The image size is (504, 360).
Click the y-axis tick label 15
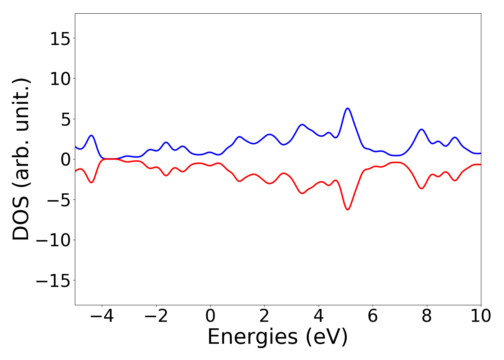tap(60, 39)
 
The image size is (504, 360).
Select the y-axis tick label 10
tap(60, 79)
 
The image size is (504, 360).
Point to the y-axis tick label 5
tap(65, 119)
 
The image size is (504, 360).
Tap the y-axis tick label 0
tap(65, 159)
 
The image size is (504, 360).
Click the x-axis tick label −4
tap(102, 316)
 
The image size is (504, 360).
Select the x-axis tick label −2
tap(156, 316)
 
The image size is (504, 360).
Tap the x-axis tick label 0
tap(210, 316)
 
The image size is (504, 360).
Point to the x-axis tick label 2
tap(264, 316)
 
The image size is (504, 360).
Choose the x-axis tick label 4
tap(319, 316)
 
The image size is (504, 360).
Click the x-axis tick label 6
tap(373, 316)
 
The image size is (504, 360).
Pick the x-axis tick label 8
tap(427, 316)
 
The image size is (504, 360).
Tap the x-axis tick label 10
tap(481, 316)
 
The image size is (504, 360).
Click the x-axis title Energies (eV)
tap(278, 337)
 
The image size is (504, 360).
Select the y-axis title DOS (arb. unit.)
tap(22, 159)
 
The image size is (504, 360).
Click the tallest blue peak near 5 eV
tap(347, 108)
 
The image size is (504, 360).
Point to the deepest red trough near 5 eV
tap(347, 210)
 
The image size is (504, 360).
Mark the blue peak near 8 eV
tap(422, 129)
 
